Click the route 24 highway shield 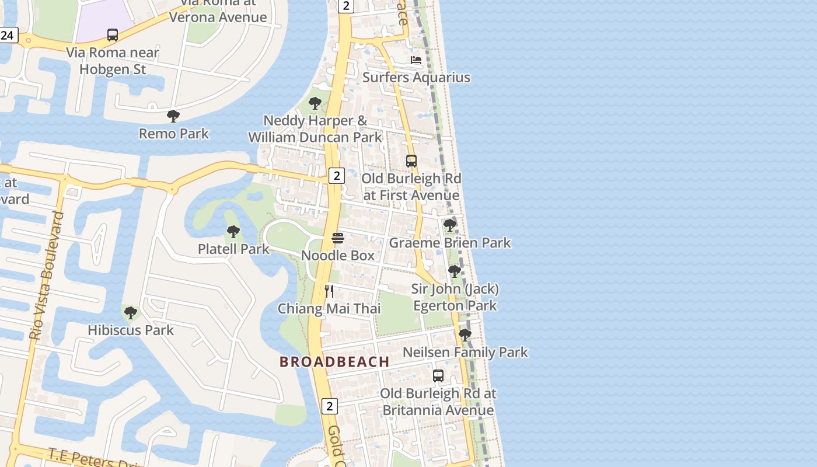click(x=7, y=35)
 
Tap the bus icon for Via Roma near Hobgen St click(x=113, y=35)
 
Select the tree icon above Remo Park click(x=173, y=116)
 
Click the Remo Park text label click(x=174, y=134)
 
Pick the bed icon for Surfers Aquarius click(x=416, y=60)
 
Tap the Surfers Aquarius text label click(x=416, y=77)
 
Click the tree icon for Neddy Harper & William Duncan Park click(x=315, y=104)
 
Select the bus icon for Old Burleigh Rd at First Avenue click(x=411, y=161)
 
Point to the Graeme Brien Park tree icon click(x=449, y=225)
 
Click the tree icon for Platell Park click(x=233, y=232)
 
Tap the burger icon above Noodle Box click(x=338, y=238)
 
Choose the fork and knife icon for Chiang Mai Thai click(x=329, y=291)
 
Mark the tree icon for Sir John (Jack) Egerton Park click(x=455, y=271)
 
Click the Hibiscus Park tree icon click(x=131, y=313)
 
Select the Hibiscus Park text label click(x=131, y=330)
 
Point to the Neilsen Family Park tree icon click(x=465, y=335)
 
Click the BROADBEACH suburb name click(x=334, y=361)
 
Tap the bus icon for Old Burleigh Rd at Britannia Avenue click(x=438, y=376)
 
